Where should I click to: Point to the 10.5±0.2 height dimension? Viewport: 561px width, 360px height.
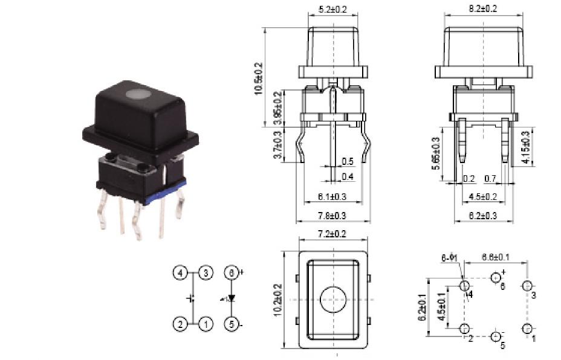click(259, 77)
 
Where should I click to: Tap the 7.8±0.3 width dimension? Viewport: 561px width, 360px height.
click(332, 216)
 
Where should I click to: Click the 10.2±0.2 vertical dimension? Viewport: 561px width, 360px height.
click(277, 300)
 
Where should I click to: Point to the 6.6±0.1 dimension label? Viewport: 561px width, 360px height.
click(495, 257)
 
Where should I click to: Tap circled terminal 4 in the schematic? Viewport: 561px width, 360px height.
click(180, 273)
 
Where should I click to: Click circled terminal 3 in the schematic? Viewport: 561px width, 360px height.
click(206, 273)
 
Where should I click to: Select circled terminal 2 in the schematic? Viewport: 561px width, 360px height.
click(180, 324)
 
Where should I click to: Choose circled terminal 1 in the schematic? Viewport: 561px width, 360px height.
click(206, 324)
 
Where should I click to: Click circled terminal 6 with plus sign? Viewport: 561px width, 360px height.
click(231, 273)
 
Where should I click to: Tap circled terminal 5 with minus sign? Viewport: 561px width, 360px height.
click(231, 324)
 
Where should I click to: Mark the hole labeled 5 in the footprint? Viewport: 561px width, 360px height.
click(496, 336)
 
